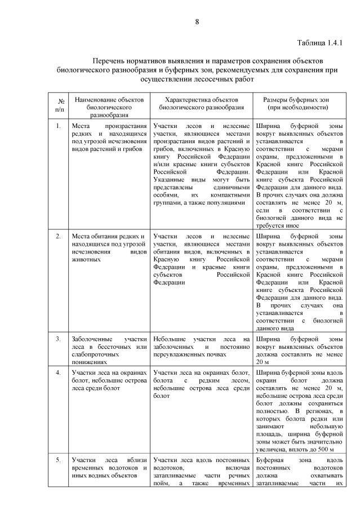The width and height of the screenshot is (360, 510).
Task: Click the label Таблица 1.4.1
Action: [x=319, y=42]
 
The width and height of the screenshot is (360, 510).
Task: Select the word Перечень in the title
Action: [x=109, y=60]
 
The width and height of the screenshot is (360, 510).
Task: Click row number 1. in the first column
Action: [x=59, y=125]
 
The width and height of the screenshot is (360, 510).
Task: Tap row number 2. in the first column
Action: [x=59, y=236]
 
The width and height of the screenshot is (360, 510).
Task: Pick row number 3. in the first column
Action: [x=59, y=339]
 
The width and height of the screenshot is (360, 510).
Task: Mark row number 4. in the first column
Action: [x=59, y=372]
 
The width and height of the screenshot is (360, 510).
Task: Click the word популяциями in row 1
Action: [x=227, y=201]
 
